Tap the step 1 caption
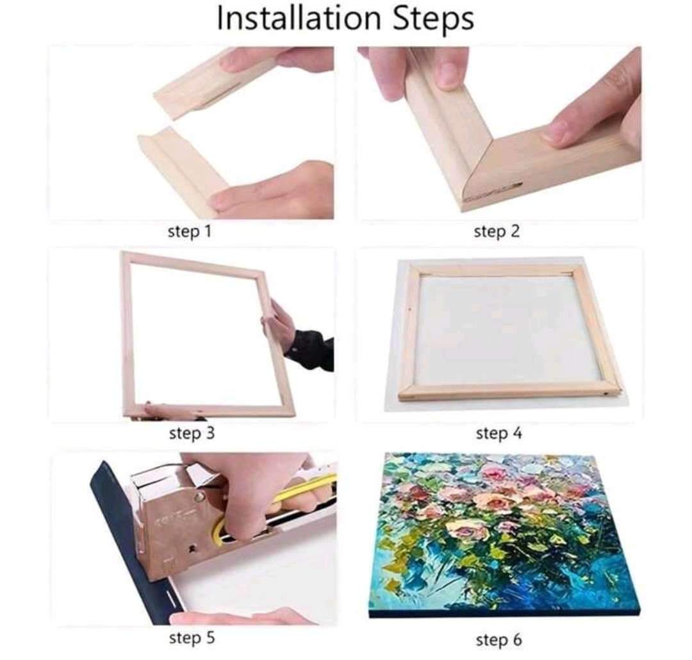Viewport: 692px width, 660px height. (189, 231)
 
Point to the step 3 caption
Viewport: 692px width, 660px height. (192, 434)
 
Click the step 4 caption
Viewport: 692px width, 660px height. (498, 434)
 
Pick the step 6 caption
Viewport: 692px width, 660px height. (498, 639)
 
